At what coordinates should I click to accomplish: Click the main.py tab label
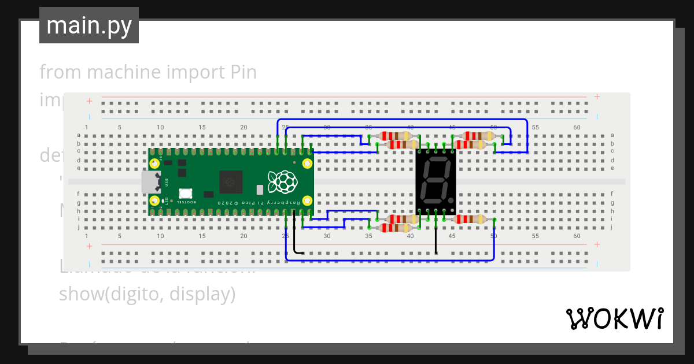click(89, 25)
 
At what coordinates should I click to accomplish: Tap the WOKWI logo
click(614, 318)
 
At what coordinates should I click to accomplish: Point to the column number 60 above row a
click(577, 127)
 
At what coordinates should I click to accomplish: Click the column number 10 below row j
click(160, 236)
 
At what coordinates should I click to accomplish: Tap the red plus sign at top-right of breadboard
click(597, 97)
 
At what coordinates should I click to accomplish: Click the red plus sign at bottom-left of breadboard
click(90, 246)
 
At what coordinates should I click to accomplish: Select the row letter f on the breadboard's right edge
click(612, 194)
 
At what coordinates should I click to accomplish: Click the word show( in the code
click(84, 294)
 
